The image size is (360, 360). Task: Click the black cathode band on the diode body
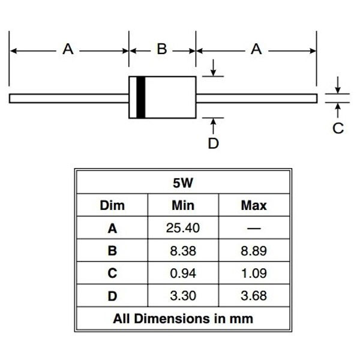pos(141,97)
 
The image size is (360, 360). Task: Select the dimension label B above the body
pos(162,49)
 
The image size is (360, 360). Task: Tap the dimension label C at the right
pos(338,128)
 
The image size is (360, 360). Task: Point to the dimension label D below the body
pos(213,143)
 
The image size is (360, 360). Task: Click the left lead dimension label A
pos(68,49)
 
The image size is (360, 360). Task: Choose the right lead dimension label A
pos(256,49)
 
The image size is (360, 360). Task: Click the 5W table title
pos(183,183)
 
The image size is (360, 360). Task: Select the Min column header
pos(183,205)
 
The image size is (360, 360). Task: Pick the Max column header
pos(254,205)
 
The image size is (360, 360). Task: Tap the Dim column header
pos(112,205)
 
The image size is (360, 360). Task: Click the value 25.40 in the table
pos(183,228)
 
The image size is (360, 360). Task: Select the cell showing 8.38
pos(183,251)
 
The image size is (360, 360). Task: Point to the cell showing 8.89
pos(254,251)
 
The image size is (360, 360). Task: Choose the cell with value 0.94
pos(183,273)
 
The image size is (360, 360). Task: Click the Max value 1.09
pos(254,273)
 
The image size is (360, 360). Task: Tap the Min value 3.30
pos(183,296)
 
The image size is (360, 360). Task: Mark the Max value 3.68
pos(254,296)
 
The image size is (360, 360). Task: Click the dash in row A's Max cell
pos(254,229)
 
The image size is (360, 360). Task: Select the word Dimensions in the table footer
pos(172,319)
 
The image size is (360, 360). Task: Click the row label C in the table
pos(112,273)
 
